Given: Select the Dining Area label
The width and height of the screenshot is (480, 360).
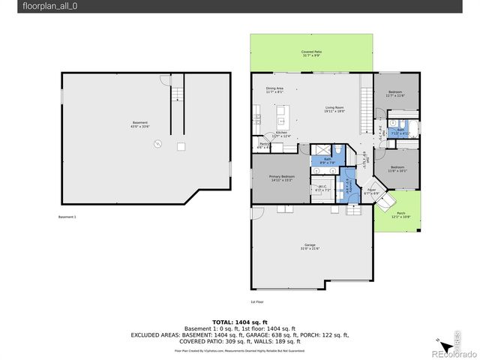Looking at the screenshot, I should [x=274, y=88].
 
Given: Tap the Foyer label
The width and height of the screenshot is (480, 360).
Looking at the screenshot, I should [x=370, y=190].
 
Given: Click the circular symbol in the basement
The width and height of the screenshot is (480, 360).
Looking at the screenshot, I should [x=157, y=146].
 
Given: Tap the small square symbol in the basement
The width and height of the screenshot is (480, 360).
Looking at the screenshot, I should [x=181, y=147].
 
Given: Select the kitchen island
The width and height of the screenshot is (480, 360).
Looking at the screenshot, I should [x=282, y=117].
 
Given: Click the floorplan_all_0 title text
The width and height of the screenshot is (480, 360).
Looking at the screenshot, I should [x=34, y=6].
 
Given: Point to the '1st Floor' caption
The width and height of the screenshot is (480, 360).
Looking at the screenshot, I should [x=256, y=301].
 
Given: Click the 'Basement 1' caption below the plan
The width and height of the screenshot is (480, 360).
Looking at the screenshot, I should [x=67, y=217].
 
